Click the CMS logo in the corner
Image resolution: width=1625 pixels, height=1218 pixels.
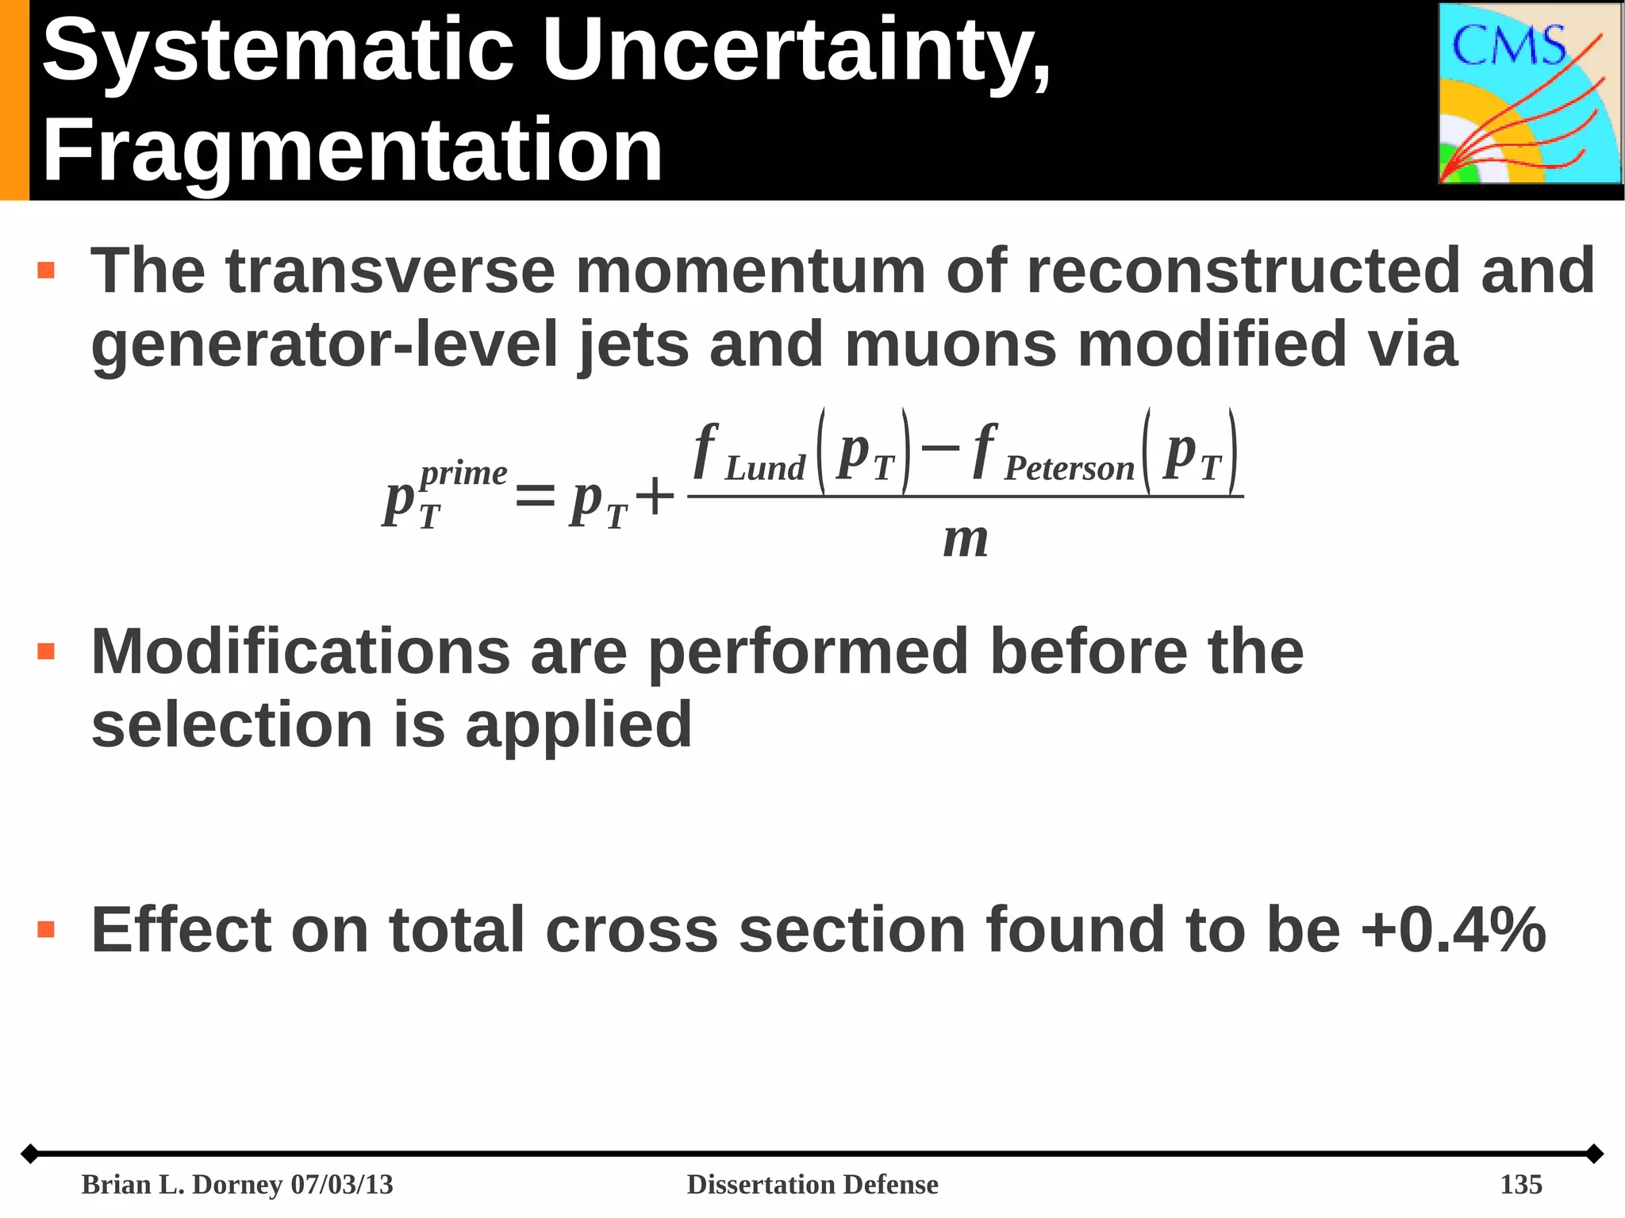coord(1530,94)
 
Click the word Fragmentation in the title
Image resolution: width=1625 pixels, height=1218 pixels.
coord(352,151)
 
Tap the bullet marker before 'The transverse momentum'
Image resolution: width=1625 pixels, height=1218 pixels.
coord(46,271)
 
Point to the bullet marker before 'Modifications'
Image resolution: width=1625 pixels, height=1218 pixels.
coord(46,652)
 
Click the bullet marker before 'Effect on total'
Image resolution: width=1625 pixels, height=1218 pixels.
coord(46,929)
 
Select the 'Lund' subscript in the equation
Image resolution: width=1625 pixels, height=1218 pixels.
coord(765,469)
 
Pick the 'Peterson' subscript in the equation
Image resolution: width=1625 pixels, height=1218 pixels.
coord(1069,469)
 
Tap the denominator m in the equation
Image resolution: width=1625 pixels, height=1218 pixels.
coord(966,540)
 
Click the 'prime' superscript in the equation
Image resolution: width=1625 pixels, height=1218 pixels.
coord(463,474)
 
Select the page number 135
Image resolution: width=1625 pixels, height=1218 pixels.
coord(1520,1184)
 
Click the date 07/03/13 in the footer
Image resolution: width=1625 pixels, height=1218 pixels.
coord(342,1184)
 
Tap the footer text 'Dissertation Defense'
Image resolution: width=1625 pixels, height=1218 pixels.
coord(812,1184)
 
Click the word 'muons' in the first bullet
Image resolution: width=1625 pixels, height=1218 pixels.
coord(951,344)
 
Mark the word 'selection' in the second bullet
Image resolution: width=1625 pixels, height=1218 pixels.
coord(232,724)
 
